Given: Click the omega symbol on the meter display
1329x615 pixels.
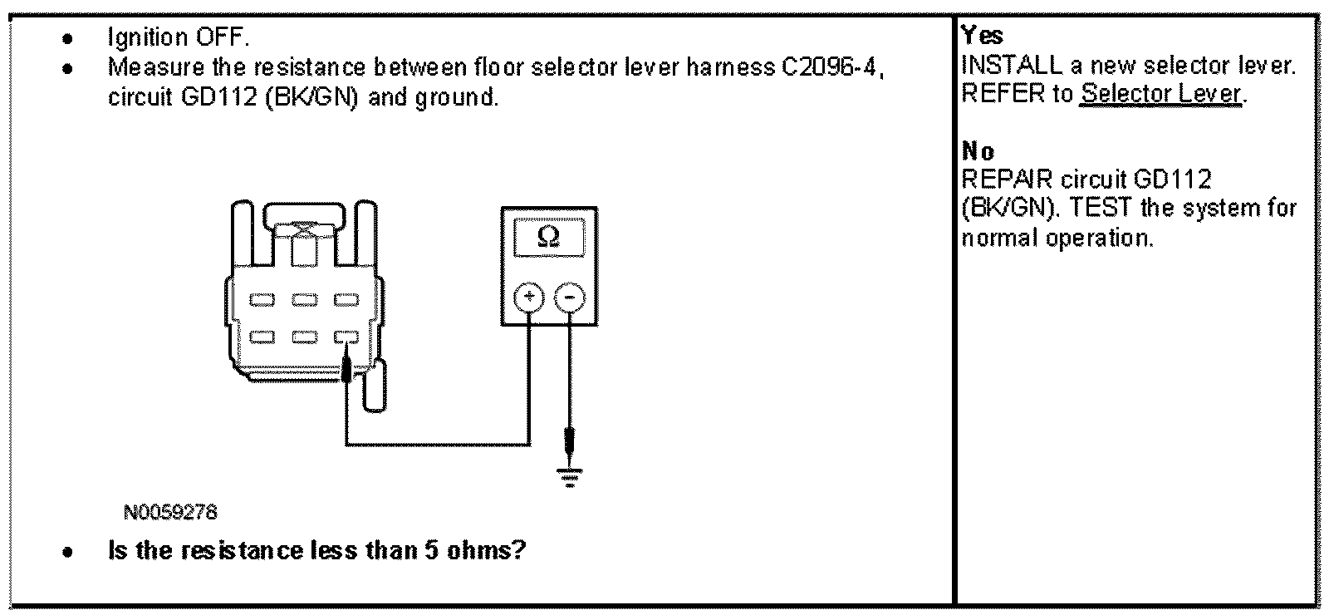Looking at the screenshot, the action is click(548, 238).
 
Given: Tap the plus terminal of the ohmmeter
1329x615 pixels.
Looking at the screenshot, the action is click(529, 297).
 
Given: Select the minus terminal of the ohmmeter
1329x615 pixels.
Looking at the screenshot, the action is click(569, 297).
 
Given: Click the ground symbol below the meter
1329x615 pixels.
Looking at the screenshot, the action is click(569, 476).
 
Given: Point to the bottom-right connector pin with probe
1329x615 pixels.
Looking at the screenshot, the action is click(346, 337).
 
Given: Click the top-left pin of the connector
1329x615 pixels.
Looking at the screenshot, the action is click(263, 298).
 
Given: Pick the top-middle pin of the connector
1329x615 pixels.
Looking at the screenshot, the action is click(305, 298).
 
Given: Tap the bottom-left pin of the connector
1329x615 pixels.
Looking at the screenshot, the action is click(263, 337).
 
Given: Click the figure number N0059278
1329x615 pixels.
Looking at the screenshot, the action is click(170, 513).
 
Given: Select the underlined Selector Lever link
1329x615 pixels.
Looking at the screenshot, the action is click(1160, 94).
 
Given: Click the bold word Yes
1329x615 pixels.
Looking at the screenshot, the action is click(982, 36).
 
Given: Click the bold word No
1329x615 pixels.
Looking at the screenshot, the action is click(978, 151).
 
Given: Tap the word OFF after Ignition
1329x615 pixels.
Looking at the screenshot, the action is click(221, 37).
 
